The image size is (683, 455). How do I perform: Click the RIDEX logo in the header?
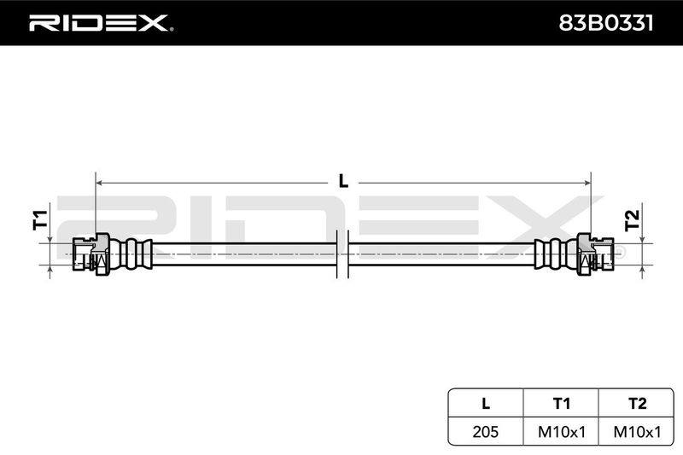101,23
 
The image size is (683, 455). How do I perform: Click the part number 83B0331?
606,23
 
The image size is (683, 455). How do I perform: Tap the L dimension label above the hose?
344,181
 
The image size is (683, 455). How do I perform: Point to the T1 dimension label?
40,220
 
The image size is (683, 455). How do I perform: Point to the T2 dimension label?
632,220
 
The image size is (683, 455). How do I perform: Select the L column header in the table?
486,404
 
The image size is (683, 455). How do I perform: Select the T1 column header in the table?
561,404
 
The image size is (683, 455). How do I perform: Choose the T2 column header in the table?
637,404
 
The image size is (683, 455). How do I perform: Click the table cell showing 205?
486,431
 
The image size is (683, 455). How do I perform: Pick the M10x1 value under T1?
562,431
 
